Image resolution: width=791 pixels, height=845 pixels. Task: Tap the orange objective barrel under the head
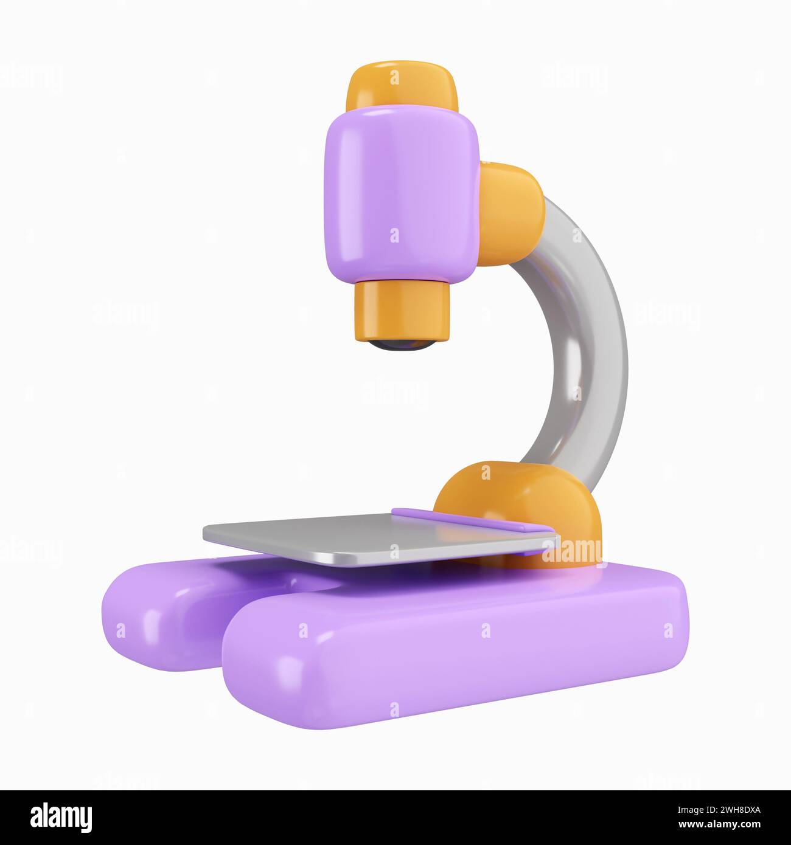click(403, 310)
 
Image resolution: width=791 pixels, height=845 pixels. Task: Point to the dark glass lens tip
click(403, 345)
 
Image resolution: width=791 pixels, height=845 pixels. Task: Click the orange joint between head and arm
click(511, 213)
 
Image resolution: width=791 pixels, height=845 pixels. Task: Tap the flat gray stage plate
click(365, 535)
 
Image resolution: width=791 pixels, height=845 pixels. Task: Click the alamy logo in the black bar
click(61, 818)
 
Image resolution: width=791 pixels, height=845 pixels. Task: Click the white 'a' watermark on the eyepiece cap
click(395, 78)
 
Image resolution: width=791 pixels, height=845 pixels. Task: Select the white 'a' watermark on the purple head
click(395, 235)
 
